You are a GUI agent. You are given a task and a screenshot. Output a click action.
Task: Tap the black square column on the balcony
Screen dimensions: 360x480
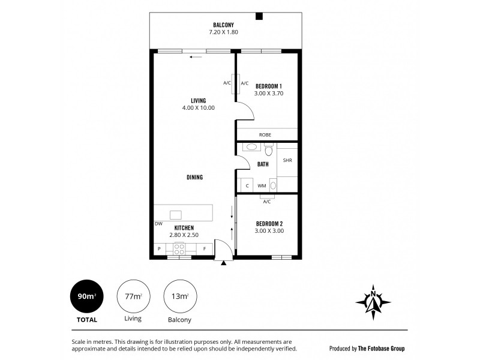click(259, 17)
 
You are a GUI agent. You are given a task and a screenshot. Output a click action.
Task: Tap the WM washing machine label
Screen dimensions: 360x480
click(262, 186)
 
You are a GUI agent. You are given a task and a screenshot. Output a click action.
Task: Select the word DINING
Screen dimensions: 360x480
click(194, 178)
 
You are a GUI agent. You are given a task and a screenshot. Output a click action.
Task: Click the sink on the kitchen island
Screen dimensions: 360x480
click(176, 214)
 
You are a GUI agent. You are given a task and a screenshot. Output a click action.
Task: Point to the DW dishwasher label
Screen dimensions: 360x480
click(158, 224)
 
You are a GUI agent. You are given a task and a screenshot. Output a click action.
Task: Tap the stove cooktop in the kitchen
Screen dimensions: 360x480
click(179, 248)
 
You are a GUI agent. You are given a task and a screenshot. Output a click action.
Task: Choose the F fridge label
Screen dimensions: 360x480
click(204, 248)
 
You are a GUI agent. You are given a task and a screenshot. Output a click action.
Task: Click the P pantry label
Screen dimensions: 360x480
click(159, 248)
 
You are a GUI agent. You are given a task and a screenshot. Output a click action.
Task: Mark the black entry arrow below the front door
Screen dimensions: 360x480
click(223, 262)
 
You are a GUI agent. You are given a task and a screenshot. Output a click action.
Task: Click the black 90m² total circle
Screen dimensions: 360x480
click(85, 296)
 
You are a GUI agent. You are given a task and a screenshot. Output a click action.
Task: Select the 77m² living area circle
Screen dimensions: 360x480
click(133, 296)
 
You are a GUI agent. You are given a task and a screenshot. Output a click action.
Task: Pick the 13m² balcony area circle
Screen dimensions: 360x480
click(178, 296)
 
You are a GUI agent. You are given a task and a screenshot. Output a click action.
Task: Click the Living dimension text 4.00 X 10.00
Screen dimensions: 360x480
click(199, 108)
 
